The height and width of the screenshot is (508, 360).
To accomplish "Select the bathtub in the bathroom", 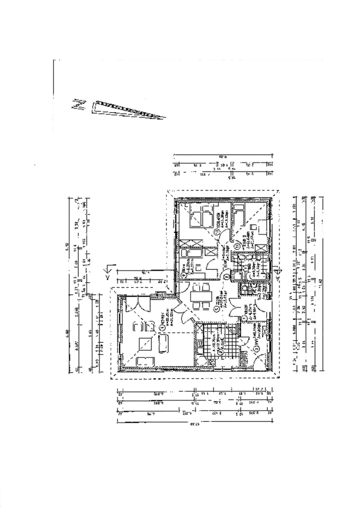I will click(253, 276).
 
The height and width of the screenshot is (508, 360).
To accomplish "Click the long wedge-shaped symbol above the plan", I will click(127, 108).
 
